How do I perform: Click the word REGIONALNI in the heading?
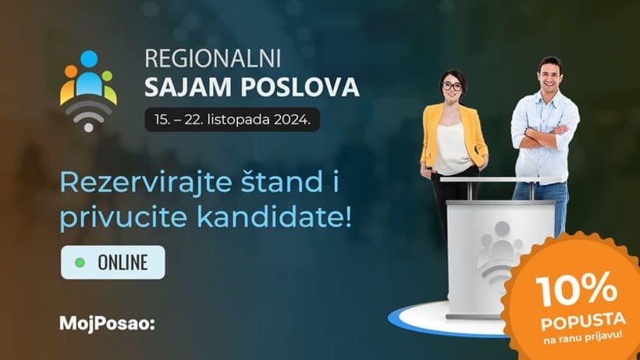(x=212, y=59)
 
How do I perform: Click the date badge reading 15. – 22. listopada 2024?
(x=233, y=119)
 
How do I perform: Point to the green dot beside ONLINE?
(x=80, y=262)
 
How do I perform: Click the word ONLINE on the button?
(x=123, y=262)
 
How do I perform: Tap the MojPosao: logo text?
(x=108, y=323)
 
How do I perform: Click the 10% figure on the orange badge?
(x=576, y=290)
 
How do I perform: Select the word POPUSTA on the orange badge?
(x=583, y=321)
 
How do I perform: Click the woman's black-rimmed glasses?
(x=452, y=87)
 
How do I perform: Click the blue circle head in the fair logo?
(x=89, y=59)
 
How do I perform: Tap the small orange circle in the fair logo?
(x=71, y=71)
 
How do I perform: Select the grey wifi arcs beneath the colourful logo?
(x=88, y=115)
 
